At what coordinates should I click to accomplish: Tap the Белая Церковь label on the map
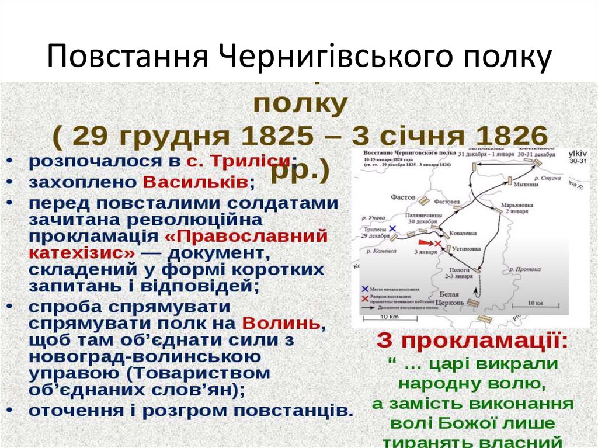[x=452, y=298]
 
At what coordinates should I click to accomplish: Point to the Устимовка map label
[x=467, y=248]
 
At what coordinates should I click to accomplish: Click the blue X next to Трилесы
[x=392, y=228]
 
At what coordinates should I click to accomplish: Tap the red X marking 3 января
[x=439, y=243]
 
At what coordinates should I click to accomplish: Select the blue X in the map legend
[x=365, y=289]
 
